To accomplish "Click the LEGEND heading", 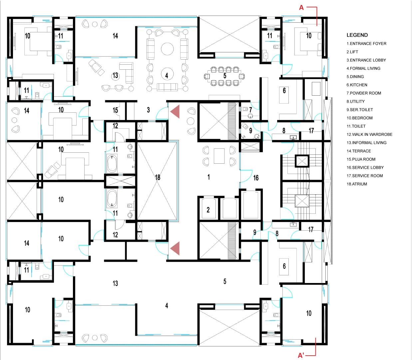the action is [357, 35].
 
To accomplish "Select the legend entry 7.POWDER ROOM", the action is [364, 93].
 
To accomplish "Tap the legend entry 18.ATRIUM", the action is [357, 184].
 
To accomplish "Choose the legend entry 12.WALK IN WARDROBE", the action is [369, 134].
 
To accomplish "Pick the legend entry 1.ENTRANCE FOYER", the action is [366, 44].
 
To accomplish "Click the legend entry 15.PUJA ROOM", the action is [361, 159].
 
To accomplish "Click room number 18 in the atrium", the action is [158, 177].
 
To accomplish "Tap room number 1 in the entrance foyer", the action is [208, 177].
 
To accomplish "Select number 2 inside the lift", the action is [208, 210].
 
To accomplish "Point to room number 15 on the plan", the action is [115, 110].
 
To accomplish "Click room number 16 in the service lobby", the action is [256, 178].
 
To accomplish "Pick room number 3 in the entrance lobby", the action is [148, 110].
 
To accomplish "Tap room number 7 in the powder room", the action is [250, 110].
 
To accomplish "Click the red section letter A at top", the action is [301, 8].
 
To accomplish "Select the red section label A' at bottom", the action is [301, 355].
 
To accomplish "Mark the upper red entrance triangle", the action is [175, 111].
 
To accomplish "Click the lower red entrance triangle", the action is [175, 248].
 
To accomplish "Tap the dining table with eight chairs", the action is [224, 76].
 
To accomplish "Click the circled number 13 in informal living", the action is [115, 76].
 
